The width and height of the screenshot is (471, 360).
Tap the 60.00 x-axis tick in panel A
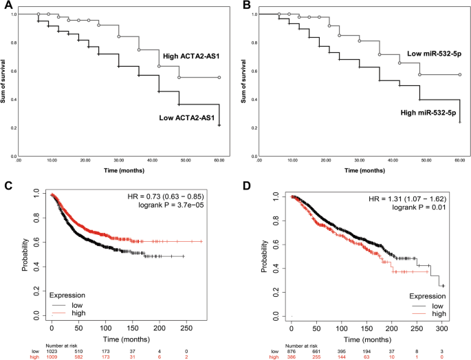[x=219, y=159]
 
